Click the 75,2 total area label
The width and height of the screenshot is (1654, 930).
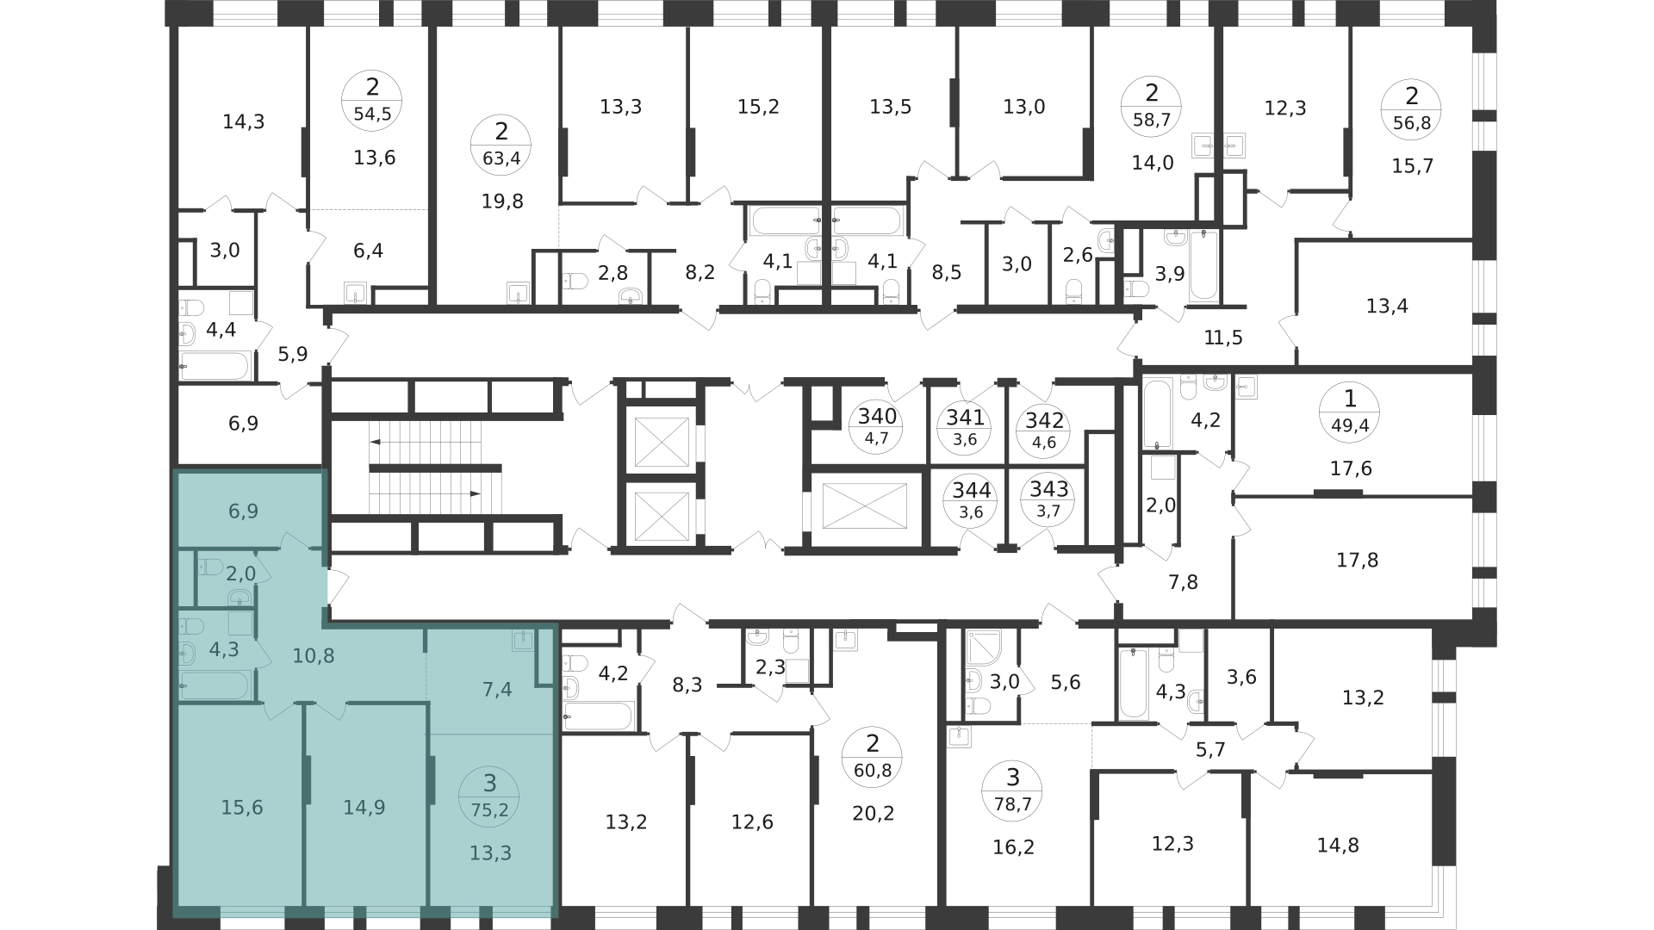tap(489, 809)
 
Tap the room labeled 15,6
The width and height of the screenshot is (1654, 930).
tap(242, 808)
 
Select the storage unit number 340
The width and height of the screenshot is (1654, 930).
tap(877, 417)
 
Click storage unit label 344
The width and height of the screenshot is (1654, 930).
tap(972, 491)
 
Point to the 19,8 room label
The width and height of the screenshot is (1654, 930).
tap(502, 201)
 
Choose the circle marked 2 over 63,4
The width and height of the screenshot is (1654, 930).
tap(501, 145)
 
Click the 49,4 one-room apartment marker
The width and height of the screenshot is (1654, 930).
tap(1350, 412)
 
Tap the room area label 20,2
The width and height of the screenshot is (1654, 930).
tap(873, 813)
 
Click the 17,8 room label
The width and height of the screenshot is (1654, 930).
tap(1357, 561)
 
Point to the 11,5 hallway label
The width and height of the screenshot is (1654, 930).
tap(1223, 338)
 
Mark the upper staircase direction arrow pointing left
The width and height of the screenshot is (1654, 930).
tap(425, 441)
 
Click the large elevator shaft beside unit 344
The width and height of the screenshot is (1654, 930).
tap(865, 505)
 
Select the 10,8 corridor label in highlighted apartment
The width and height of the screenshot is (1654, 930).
tap(314, 656)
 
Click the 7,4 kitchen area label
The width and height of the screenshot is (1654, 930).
tap(498, 689)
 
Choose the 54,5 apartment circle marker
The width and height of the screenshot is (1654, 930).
tap(372, 101)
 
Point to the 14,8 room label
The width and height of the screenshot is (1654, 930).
tap(1338, 846)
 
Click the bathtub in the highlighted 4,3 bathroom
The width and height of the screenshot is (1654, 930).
tap(215, 685)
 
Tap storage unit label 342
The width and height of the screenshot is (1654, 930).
tap(1046, 421)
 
